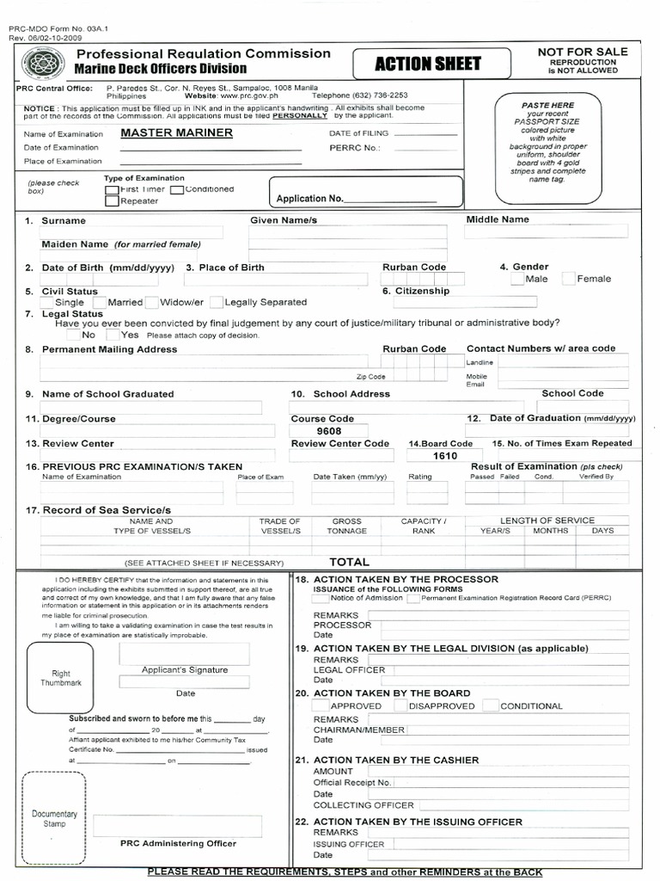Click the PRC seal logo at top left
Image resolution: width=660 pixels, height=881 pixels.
(x=40, y=63)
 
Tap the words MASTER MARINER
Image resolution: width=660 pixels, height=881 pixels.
(x=176, y=132)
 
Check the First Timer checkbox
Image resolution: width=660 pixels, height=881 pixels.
(x=112, y=189)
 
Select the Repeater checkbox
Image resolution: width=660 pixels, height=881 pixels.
(x=112, y=201)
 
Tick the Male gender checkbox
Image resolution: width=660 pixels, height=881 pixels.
(x=516, y=279)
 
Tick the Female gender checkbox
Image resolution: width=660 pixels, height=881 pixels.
(x=569, y=279)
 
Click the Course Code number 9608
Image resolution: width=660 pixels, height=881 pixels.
(x=328, y=431)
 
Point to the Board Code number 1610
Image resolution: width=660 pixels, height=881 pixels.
(x=444, y=456)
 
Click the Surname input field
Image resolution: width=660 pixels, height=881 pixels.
(x=132, y=232)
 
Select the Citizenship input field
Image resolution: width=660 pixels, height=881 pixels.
(x=460, y=302)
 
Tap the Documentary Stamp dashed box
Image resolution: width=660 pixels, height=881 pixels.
(x=54, y=817)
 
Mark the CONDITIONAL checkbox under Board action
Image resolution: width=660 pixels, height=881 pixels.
(x=490, y=705)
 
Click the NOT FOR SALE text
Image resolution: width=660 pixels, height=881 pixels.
(x=583, y=52)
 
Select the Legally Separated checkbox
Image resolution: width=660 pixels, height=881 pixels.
(x=217, y=302)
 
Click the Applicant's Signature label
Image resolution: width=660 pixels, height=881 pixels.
(x=185, y=669)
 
